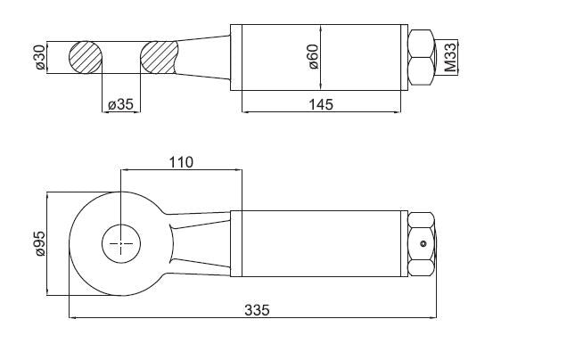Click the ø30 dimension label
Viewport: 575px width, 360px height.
[x=40, y=57]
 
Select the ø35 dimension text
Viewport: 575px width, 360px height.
[x=120, y=104]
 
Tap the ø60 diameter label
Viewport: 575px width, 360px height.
[x=314, y=57]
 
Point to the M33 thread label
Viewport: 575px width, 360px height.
[x=450, y=57]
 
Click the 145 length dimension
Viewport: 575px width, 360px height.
[x=321, y=104]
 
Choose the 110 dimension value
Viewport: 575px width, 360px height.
[x=181, y=162]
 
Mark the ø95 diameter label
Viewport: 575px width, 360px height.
[x=40, y=244]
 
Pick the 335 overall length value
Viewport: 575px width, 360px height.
[x=257, y=310]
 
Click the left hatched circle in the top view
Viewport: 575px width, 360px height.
[x=86, y=57]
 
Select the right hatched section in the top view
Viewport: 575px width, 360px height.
[x=159, y=57]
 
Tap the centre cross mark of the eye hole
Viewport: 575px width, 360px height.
[x=121, y=243]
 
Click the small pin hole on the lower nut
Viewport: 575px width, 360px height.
[x=423, y=243]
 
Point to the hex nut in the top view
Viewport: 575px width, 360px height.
[x=422, y=57]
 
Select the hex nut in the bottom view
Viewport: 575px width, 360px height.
[x=422, y=244]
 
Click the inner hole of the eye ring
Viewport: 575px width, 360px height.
[x=121, y=243]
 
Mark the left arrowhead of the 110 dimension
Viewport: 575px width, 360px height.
[x=125, y=169]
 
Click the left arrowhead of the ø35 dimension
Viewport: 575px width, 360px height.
[x=105, y=112]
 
